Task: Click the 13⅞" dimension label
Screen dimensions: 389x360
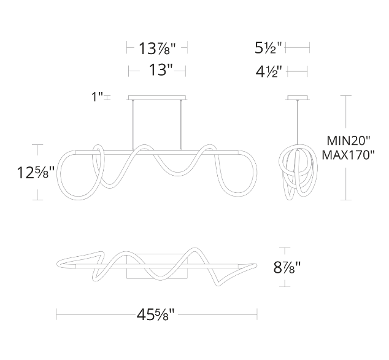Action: (157, 48)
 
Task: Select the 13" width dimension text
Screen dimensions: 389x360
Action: (161, 70)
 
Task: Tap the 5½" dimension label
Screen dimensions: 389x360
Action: (268, 48)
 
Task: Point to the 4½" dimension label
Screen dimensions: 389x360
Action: (269, 72)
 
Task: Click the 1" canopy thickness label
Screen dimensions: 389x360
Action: (97, 97)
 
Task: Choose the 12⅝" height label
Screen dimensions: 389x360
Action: (36, 173)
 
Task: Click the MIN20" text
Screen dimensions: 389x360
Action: (349, 141)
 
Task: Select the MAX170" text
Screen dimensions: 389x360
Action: (348, 155)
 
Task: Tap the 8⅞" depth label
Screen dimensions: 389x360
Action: (287, 268)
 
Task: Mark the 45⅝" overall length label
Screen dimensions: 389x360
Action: (156, 315)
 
